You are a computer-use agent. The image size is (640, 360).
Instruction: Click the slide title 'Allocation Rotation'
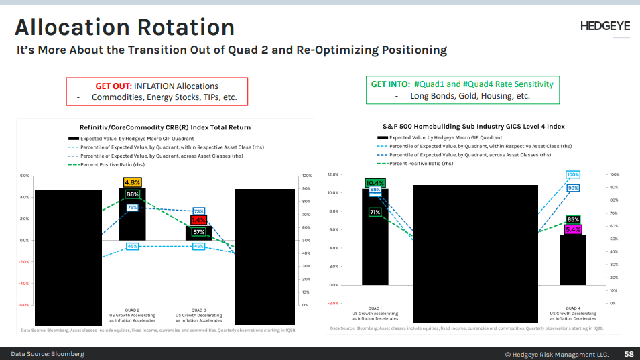point(125,27)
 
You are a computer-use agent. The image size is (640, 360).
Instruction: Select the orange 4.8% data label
point(132,182)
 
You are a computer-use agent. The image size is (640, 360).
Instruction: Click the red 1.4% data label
point(198,220)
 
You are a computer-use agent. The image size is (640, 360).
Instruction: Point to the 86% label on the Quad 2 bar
point(132,194)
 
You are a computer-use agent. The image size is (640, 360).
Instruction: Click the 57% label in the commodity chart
point(198,232)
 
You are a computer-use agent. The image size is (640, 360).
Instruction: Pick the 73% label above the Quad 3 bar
point(198,211)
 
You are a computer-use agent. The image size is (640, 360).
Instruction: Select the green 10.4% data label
point(375,182)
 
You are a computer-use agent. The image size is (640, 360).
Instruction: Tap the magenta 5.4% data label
point(573,229)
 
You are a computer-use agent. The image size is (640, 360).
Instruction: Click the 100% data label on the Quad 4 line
point(573,175)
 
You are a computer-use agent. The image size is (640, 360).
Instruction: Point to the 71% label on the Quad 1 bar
point(375,212)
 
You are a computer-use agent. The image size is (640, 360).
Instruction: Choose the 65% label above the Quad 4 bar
point(573,219)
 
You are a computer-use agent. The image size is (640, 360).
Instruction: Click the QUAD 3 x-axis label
point(198,310)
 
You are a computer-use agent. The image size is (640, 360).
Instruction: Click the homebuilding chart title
point(473,126)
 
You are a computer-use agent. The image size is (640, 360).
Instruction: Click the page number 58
point(629,353)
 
